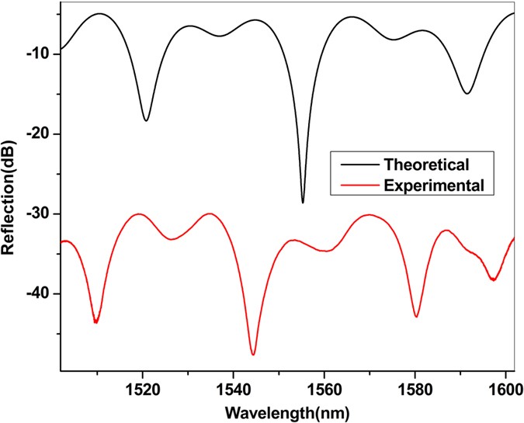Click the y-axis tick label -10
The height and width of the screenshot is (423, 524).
click(40, 54)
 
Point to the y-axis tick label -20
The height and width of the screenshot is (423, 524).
click(40, 133)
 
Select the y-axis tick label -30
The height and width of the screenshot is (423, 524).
click(40, 213)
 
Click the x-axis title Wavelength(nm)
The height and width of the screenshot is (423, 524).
click(286, 409)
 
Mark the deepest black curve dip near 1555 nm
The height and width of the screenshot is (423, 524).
click(303, 202)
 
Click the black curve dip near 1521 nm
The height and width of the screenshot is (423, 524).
click(146, 120)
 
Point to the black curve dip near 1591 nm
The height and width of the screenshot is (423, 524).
click(467, 93)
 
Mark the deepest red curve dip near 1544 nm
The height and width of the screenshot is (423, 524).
click(253, 354)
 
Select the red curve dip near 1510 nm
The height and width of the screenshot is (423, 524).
click(95, 321)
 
